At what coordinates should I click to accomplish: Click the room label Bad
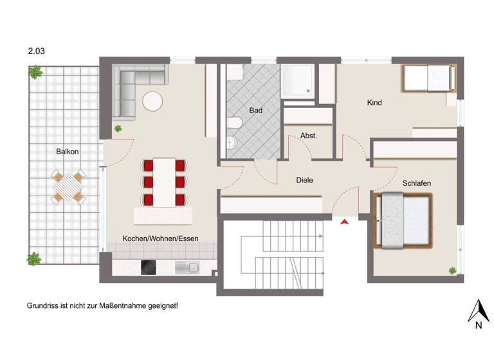pos(256,111)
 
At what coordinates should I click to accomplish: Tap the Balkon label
pos(68,152)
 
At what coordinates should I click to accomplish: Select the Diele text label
pos(304,181)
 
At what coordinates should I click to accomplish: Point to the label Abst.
pos(309,136)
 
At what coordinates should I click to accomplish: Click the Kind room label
pos(374,103)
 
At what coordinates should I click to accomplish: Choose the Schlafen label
pos(417,184)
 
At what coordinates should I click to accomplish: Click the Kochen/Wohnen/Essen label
pos(161,239)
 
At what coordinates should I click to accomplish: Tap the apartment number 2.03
pos(36,49)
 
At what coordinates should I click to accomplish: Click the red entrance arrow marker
pos(345,222)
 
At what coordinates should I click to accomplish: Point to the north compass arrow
pos(478,312)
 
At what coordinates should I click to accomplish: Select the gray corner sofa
pos(132,87)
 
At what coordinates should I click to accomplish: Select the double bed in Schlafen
pos(403,221)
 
